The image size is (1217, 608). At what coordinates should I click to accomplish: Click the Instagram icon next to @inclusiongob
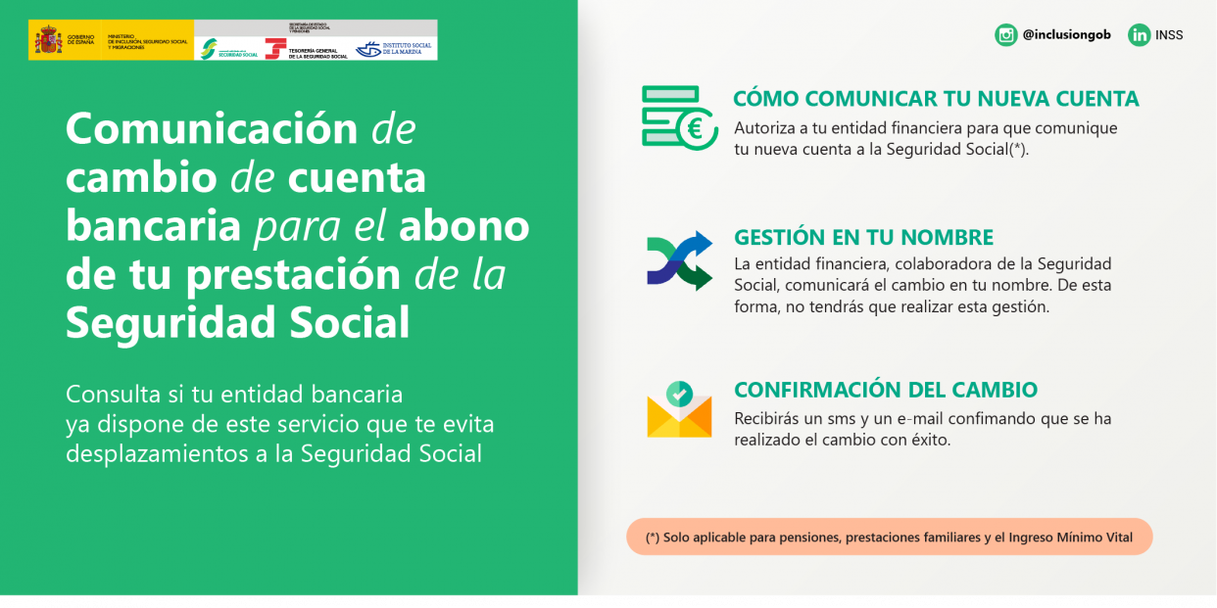tap(1006, 35)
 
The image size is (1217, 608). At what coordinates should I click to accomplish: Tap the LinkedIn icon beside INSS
tap(1139, 35)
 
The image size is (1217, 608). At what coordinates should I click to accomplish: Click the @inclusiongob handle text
tap(1066, 35)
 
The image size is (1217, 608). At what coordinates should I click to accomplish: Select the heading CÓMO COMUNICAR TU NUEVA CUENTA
tap(936, 99)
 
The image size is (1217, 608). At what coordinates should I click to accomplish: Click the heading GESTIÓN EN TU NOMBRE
tap(863, 238)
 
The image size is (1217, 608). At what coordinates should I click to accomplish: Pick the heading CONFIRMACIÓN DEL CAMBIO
tap(885, 390)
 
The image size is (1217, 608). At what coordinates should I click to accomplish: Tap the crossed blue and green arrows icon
tap(679, 261)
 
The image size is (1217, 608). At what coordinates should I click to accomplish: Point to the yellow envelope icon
tap(679, 410)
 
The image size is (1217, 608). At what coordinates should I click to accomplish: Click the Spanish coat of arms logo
tap(48, 40)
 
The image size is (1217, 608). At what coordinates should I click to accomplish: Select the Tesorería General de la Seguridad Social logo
tap(307, 48)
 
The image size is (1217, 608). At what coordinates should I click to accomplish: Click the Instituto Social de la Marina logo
tap(394, 48)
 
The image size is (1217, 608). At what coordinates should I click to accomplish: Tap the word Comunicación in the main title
tap(212, 129)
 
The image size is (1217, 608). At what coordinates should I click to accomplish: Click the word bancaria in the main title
tap(153, 226)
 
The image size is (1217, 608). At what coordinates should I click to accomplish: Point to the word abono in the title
tap(463, 226)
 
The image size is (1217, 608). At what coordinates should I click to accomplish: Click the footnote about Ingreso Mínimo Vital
tap(889, 538)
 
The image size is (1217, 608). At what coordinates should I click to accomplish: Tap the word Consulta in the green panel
tap(113, 395)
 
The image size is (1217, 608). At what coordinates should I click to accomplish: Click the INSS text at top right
tap(1169, 35)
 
